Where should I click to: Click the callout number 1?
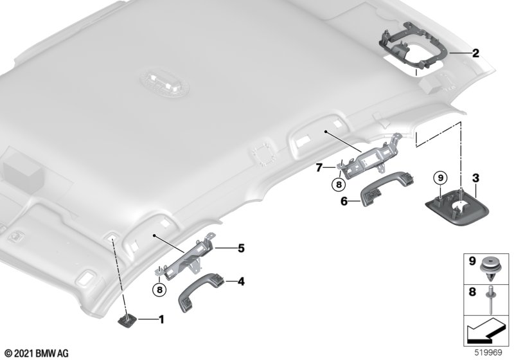point(161,319)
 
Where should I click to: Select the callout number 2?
point(475,53)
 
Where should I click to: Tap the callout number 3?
point(475,178)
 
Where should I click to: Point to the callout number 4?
point(241,282)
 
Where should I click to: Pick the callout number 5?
point(241,248)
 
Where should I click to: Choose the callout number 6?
point(344,201)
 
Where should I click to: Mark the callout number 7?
point(319,168)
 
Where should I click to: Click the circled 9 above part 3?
point(440,178)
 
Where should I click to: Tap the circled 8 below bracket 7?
point(339,184)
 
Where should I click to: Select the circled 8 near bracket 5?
point(159,290)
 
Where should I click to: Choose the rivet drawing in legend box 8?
point(489,300)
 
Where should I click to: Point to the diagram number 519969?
point(488,352)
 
